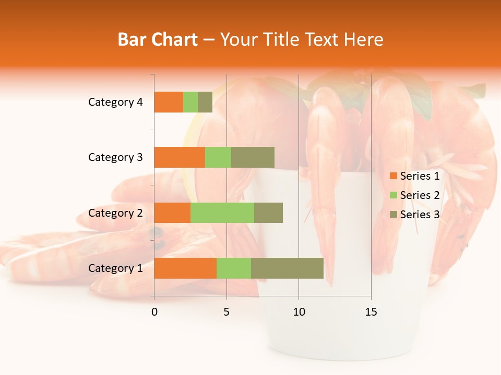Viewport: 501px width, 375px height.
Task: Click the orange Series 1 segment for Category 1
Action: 185,268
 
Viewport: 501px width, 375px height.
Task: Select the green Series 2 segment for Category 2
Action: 222,213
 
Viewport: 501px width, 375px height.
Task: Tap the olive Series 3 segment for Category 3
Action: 253,157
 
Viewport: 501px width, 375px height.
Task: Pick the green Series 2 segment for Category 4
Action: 190,102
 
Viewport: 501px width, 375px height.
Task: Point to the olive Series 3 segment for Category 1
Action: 287,268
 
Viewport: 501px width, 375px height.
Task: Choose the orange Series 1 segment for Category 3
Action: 180,157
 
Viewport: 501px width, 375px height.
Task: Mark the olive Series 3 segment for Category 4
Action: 205,102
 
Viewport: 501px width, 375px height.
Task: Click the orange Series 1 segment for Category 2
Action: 172,213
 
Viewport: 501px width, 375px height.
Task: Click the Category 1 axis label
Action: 115,268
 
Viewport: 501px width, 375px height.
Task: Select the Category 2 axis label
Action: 115,213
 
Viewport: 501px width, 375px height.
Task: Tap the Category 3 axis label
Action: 115,157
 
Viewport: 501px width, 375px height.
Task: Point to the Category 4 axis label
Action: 115,102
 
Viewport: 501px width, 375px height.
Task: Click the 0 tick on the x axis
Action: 154,312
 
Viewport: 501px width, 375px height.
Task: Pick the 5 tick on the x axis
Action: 226,312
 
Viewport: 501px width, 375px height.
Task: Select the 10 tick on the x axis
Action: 299,312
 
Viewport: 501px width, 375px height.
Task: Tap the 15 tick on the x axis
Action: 371,312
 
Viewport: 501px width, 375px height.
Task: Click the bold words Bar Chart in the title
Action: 158,40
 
